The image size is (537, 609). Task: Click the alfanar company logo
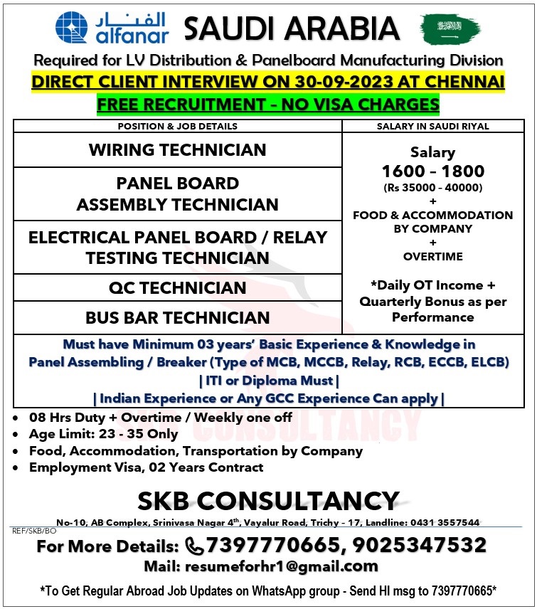(x=112, y=28)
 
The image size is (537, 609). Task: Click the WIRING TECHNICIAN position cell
(x=178, y=150)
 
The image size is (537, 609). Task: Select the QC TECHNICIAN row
(x=178, y=288)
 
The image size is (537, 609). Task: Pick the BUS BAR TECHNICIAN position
(x=178, y=318)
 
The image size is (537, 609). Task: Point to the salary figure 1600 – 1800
(x=432, y=171)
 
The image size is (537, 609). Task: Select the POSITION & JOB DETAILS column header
(x=178, y=126)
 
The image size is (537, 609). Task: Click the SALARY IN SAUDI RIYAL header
(x=432, y=126)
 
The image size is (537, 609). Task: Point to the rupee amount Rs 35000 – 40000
(x=432, y=188)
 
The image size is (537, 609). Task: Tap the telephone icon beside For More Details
(x=193, y=546)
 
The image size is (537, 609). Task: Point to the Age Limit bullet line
(x=104, y=434)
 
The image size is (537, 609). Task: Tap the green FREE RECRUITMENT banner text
(x=268, y=105)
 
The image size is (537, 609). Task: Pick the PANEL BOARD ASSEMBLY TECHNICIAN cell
(x=178, y=194)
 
